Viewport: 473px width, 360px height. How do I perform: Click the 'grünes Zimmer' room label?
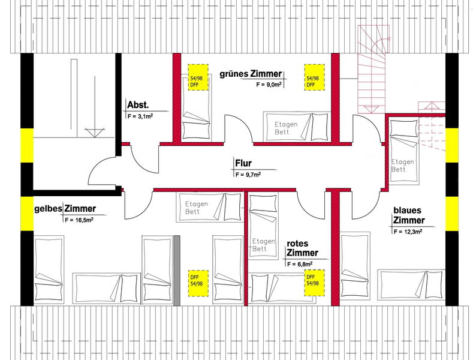(251, 74)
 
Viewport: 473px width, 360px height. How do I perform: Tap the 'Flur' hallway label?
(243, 163)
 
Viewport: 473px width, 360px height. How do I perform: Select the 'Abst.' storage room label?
(138, 105)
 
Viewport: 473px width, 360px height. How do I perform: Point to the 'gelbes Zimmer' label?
(65, 209)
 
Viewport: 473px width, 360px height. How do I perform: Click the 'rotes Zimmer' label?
(302, 248)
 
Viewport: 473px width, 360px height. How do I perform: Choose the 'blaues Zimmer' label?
(409, 215)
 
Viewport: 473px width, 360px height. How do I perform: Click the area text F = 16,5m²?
(79, 220)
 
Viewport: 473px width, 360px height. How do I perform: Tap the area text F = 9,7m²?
(248, 174)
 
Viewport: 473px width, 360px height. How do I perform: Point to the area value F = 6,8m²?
(300, 264)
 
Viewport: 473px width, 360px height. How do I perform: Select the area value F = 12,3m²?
(408, 232)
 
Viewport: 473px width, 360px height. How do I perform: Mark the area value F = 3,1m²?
(140, 116)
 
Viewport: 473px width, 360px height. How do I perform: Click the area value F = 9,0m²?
(269, 85)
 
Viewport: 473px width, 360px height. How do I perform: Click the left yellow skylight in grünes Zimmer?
(198, 77)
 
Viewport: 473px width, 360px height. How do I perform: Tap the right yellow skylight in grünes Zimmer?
(314, 77)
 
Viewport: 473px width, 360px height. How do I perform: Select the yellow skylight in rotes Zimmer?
(314, 283)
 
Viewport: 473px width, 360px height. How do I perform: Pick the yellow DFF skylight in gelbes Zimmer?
(198, 283)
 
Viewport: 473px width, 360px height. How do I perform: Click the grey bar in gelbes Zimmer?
(177, 271)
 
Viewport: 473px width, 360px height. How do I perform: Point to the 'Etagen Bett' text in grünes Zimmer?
(286, 128)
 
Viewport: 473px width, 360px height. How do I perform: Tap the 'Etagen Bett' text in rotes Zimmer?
(264, 245)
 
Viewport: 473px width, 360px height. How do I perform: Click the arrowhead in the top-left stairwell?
(95, 133)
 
